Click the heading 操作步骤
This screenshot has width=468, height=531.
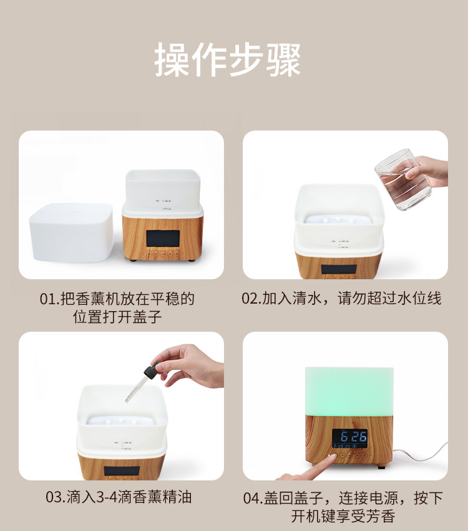[228, 60]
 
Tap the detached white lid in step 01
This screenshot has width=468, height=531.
[71, 232]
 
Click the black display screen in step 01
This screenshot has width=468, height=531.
[163, 239]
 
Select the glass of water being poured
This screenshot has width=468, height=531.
[403, 179]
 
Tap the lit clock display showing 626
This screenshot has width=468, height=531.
[349, 439]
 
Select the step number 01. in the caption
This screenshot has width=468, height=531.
[50, 299]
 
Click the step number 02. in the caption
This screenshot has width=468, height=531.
[251, 299]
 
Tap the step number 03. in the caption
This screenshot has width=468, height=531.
[56, 497]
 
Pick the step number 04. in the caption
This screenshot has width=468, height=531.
[253, 498]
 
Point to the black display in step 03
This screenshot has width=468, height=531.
[122, 471]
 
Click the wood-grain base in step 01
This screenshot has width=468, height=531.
[163, 237]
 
